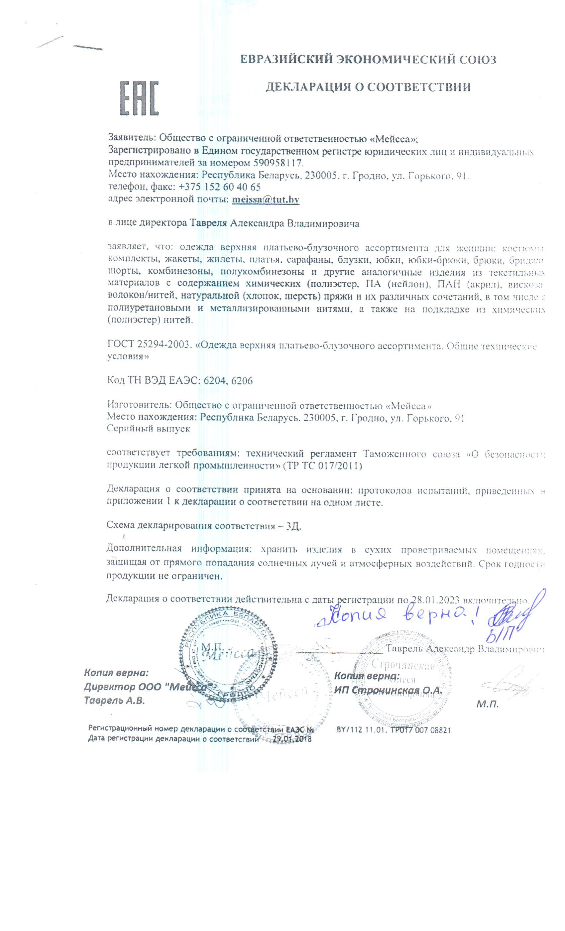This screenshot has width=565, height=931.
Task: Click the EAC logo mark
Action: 138,98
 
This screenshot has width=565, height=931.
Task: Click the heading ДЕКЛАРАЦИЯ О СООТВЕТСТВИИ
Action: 368,87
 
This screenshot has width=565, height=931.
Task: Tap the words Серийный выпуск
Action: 149,429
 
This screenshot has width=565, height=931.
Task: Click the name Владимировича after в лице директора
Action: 323,223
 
